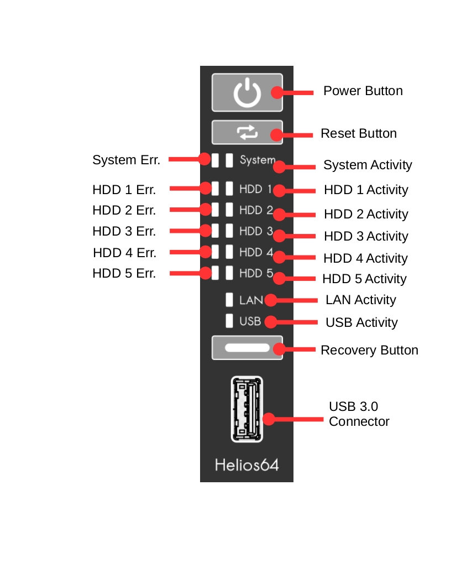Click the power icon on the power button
coord(247,92)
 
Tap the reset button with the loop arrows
coord(247,132)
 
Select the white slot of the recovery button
coord(247,347)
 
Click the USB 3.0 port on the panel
coord(247,409)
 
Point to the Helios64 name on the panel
coord(247,465)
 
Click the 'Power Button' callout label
coord(363,91)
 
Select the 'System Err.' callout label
coord(126,160)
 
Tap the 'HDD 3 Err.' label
coord(124,231)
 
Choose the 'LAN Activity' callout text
coord(360,300)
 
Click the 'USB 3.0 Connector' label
coord(359,414)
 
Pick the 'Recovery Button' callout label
coord(370,350)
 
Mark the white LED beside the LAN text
coord(229,300)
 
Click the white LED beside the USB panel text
coord(229,321)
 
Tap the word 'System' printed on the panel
coord(258,160)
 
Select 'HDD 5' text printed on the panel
coord(256,273)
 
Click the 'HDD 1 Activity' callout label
coord(366,190)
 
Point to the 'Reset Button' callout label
coord(359,133)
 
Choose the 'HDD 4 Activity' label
coord(365,258)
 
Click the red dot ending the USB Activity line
coord(270,322)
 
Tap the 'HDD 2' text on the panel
coord(256,210)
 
